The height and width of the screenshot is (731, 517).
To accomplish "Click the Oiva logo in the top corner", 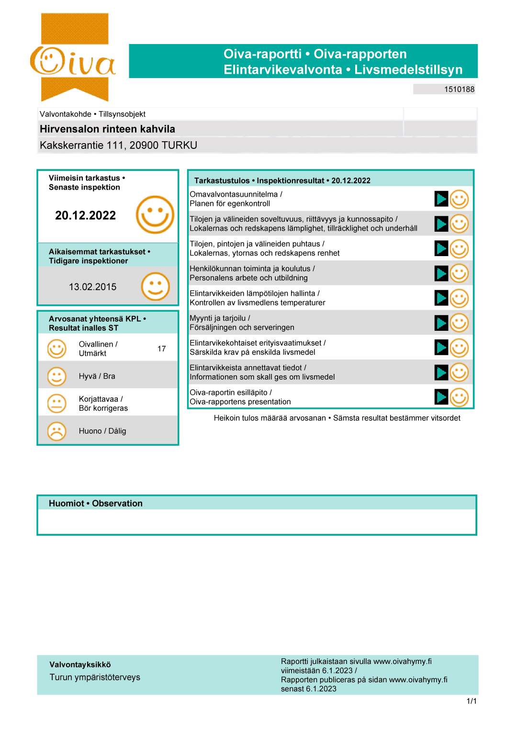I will coord(73,57).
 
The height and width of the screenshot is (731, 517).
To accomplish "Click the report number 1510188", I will coord(459,89).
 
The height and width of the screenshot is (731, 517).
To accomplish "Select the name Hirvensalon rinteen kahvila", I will coord(107,129).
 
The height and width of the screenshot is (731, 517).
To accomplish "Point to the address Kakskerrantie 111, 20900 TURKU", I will coord(118,146).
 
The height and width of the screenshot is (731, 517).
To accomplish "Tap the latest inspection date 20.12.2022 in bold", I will coord(85,215).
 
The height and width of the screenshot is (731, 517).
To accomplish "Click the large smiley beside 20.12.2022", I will coord(155,214).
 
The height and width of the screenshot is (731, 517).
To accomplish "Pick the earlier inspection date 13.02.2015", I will coord(92,287).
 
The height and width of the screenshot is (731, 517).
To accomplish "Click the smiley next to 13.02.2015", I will coord(155,286).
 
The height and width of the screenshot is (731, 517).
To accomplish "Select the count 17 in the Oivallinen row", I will coord(162,349).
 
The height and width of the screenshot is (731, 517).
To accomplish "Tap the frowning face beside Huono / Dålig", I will coord(56,431).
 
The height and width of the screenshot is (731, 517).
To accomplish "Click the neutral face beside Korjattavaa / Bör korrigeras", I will coord(56,404).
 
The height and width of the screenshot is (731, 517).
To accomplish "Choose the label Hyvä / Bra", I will coord(97,376).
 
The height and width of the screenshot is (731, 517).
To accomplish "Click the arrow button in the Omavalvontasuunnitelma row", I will coord(441,199).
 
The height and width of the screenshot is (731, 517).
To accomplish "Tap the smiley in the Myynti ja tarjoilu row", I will coord(459,323).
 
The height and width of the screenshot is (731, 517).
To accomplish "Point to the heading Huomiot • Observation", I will coord(96,503).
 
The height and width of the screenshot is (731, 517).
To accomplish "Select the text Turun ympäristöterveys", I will coord(95,677).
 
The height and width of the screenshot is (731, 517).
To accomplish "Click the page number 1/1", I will coord(472,701).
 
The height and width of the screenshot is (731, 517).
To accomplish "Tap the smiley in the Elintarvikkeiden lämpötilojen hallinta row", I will coord(459,298).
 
